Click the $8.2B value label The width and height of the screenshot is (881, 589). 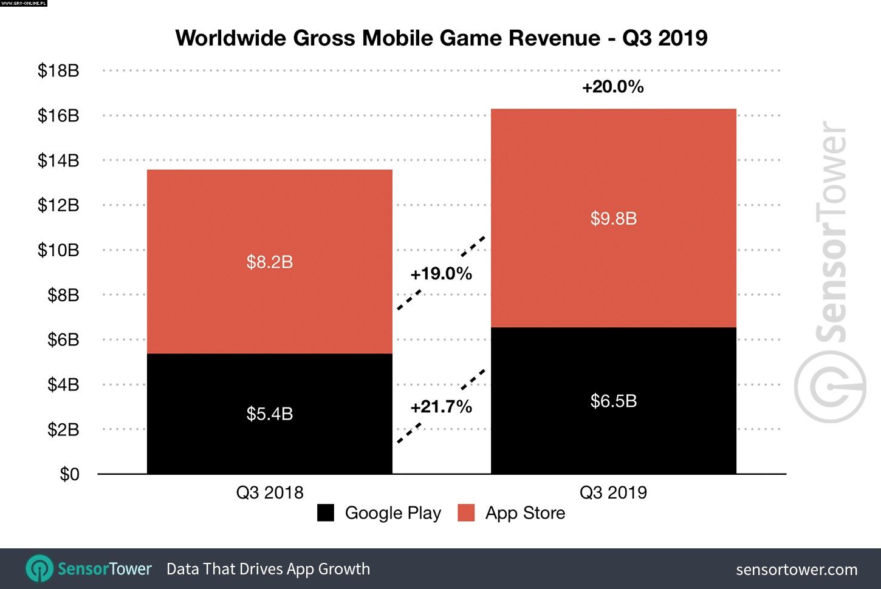pos(270,262)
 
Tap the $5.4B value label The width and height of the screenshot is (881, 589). pos(270,414)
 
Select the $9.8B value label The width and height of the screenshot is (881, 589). pos(614,219)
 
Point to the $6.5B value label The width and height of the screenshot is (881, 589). pos(614,401)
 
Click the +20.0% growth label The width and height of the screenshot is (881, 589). pos(612,87)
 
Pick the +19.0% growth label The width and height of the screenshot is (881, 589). pos(441,274)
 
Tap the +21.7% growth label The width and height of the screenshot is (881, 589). pos(441,407)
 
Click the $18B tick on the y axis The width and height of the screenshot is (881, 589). pos(58,71)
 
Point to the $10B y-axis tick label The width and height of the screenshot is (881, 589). pos(58,250)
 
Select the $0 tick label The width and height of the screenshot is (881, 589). pos(69,474)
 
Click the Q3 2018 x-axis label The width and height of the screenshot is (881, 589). pos(270,492)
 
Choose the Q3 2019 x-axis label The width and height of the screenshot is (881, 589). pos(613,492)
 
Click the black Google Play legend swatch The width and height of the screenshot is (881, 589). pos(326,513)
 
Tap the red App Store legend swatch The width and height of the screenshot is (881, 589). pos(466,513)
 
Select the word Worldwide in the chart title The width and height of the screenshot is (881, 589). pos(231,38)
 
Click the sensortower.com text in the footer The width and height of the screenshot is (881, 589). pos(797,570)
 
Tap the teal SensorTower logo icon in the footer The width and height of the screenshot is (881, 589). pos(39,569)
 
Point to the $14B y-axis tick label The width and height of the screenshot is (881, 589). pos(58,160)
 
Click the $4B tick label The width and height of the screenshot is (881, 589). pos(63,385)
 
